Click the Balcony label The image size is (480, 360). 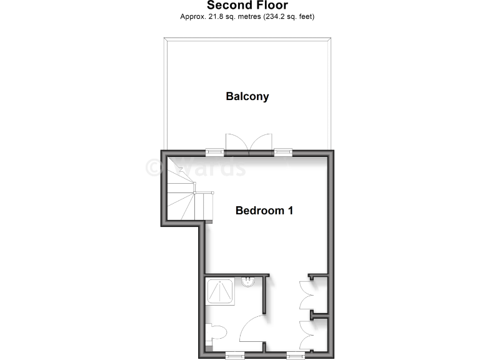coord(247,96)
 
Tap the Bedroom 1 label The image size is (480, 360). coord(264,211)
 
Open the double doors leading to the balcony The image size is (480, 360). coord(249,144)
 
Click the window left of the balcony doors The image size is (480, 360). coord(215,151)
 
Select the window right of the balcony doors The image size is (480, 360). coord(283,151)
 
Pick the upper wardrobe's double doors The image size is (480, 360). coord(307,295)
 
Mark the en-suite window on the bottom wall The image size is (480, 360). coord(235,355)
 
